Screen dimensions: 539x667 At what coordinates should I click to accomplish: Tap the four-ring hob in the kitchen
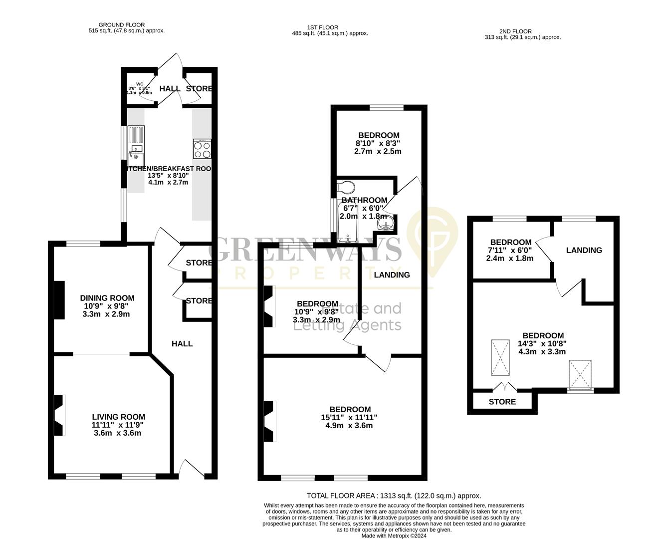point(202,149)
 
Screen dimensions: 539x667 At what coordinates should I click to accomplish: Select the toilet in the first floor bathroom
point(346,187)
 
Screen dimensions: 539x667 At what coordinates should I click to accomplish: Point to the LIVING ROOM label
point(118,417)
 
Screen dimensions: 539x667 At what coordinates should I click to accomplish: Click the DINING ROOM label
point(107,298)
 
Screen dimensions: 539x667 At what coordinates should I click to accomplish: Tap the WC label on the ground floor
point(140,84)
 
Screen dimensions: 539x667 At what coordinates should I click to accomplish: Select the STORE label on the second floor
point(502,402)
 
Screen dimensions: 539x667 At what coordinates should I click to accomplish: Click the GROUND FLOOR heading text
point(122,24)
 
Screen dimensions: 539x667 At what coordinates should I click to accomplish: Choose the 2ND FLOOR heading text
point(515,31)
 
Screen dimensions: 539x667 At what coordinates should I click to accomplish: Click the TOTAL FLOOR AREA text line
point(394,496)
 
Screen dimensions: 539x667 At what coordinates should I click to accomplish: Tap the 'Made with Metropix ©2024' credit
point(394,536)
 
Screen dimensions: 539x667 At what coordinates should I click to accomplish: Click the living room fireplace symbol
point(59,415)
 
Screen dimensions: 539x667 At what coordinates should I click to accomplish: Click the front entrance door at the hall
point(187,468)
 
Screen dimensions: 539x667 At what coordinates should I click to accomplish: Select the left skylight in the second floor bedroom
point(500,357)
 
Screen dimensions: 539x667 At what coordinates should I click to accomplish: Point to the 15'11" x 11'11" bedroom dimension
point(349,418)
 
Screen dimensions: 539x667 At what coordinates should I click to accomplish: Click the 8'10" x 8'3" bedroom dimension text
point(379,143)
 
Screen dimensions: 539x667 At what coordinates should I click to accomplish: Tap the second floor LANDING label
point(584,250)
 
